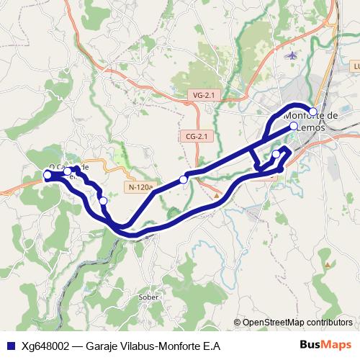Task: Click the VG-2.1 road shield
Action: point(204,95)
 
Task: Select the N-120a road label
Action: point(140,187)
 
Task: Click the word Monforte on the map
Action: point(302,115)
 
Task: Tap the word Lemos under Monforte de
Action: point(310,127)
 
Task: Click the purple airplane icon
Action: point(291,55)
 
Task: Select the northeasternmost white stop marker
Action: point(313,111)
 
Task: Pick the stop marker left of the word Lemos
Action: point(294,127)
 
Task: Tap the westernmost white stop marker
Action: point(48,174)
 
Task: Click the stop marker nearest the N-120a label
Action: point(184,179)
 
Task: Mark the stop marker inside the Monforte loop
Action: point(276,154)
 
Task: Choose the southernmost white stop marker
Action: point(103,201)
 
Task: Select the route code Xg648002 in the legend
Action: point(45,346)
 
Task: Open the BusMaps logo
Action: point(325,345)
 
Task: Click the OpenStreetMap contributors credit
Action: point(297,323)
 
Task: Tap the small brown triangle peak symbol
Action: point(217,194)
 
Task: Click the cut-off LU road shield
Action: point(356,66)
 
